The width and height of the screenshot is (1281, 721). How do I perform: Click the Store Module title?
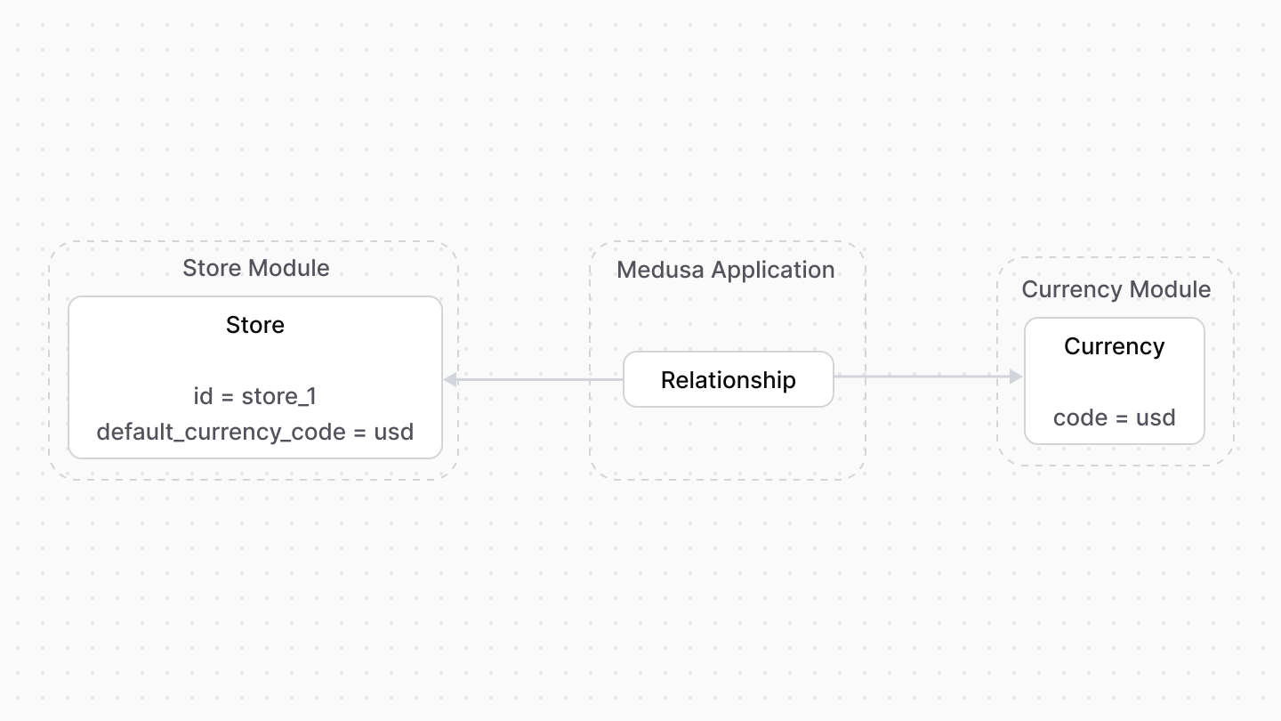point(255,268)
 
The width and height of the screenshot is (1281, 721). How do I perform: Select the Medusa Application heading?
point(725,270)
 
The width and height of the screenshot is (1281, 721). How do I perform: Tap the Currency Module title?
point(1116,289)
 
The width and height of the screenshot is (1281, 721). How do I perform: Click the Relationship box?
point(728,380)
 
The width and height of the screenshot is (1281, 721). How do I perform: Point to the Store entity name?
point(255,325)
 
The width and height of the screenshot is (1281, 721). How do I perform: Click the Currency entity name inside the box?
point(1114,346)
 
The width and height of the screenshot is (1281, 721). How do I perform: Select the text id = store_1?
point(255,396)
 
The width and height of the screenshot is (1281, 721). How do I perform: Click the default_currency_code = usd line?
point(255,432)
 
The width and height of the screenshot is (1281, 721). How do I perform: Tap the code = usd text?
point(1114,417)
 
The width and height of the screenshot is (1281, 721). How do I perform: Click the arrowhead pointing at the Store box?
point(450,380)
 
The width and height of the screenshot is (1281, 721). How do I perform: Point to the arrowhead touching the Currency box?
point(1016,377)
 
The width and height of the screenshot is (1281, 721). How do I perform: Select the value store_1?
point(278,396)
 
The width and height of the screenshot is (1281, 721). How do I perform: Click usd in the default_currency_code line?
point(394,432)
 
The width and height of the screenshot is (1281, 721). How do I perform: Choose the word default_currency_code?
point(221,432)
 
